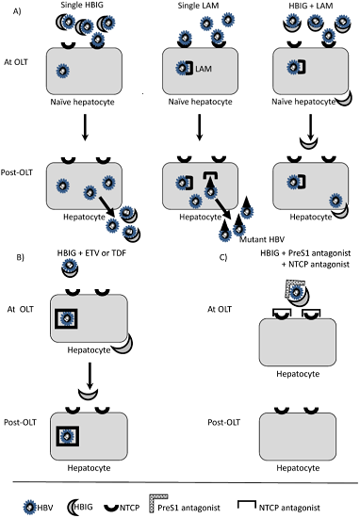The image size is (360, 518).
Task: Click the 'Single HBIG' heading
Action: [81, 5]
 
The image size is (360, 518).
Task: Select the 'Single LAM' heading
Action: [198, 6]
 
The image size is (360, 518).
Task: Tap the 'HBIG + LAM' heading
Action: [311, 6]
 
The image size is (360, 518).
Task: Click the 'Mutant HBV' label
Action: [261, 239]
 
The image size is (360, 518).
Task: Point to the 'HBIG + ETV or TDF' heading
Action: [91, 253]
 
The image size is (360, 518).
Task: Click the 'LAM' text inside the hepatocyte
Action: [204, 69]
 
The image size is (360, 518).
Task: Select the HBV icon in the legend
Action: [30, 507]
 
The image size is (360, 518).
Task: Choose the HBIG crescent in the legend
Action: [72, 507]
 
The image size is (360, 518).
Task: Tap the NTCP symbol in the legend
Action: [111, 508]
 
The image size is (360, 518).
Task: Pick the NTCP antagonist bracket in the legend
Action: [247, 505]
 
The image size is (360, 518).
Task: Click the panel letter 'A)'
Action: [17, 11]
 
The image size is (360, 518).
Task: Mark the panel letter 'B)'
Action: [20, 257]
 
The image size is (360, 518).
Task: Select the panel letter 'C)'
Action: [223, 257]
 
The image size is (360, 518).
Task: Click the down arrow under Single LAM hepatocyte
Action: [199, 127]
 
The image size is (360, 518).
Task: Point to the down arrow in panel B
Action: [90, 377]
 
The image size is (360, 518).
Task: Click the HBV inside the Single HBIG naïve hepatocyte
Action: [62, 71]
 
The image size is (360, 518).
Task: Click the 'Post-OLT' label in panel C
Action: [223, 422]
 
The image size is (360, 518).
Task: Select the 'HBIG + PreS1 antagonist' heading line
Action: [305, 253]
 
